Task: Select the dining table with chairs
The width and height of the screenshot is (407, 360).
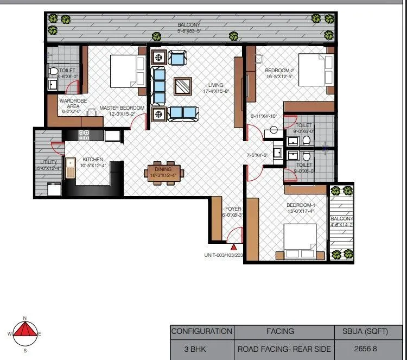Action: pyautogui.click(x=164, y=173)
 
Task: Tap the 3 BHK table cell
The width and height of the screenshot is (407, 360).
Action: pyautogui.click(x=202, y=350)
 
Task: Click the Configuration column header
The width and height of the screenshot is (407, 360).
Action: pyautogui.click(x=202, y=331)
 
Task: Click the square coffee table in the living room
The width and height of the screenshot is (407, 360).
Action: pyautogui.click(x=183, y=86)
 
